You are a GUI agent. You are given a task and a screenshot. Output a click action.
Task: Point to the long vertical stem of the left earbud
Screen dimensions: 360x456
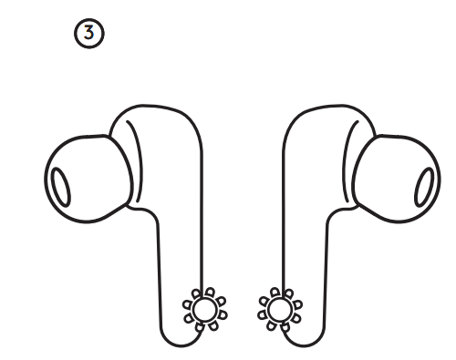click(178, 246)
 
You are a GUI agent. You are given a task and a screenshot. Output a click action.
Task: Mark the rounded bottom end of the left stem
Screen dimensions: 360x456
click(182, 339)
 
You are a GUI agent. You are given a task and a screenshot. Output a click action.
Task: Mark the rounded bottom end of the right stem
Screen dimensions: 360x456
click(299, 339)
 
